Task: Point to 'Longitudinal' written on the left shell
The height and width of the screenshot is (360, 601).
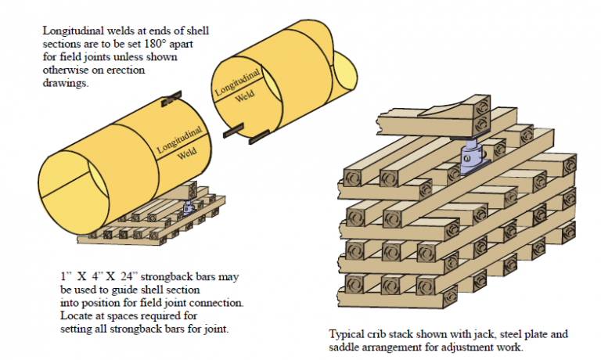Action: click(x=179, y=138)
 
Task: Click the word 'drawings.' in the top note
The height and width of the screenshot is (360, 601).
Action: click(x=67, y=82)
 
